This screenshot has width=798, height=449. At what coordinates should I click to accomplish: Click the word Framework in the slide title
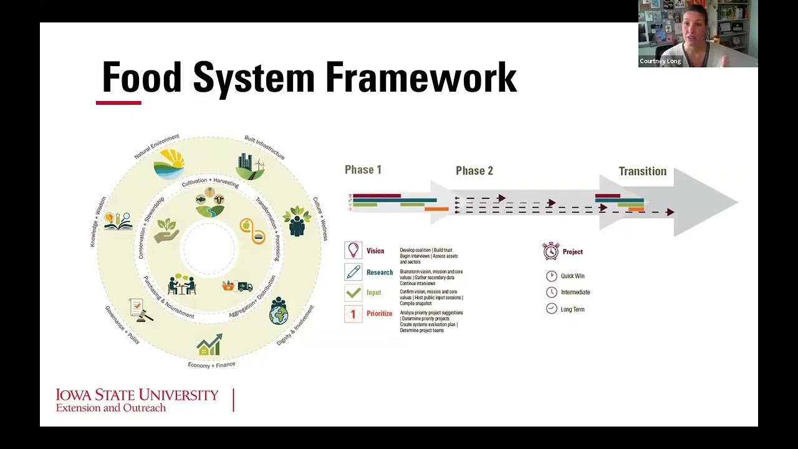(x=421, y=78)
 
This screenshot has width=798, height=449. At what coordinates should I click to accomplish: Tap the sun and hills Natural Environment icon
(x=169, y=164)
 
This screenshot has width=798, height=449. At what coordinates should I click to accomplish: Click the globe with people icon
(x=279, y=311)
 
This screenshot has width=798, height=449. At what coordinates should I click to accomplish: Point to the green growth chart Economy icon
(x=209, y=345)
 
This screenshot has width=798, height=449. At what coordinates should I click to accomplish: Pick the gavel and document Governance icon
(x=140, y=309)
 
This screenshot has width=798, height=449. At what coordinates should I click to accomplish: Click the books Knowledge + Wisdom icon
(x=118, y=221)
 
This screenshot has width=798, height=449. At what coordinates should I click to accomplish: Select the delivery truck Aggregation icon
(x=238, y=286)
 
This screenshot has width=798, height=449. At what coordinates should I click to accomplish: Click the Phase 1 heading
(x=363, y=170)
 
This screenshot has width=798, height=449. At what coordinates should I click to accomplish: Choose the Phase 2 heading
(x=474, y=171)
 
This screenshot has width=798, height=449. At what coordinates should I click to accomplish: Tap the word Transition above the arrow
(x=642, y=171)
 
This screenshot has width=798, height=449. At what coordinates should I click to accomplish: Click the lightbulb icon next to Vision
(x=353, y=251)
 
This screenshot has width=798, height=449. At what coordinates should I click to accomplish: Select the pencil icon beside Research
(x=353, y=273)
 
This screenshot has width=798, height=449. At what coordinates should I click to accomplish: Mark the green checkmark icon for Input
(x=353, y=292)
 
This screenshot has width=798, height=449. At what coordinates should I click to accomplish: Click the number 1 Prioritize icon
(x=353, y=314)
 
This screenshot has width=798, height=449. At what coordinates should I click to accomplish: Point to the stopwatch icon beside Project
(x=550, y=251)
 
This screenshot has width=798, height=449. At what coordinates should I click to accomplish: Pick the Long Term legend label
(x=572, y=309)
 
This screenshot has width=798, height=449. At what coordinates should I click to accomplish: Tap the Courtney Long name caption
(x=660, y=61)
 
